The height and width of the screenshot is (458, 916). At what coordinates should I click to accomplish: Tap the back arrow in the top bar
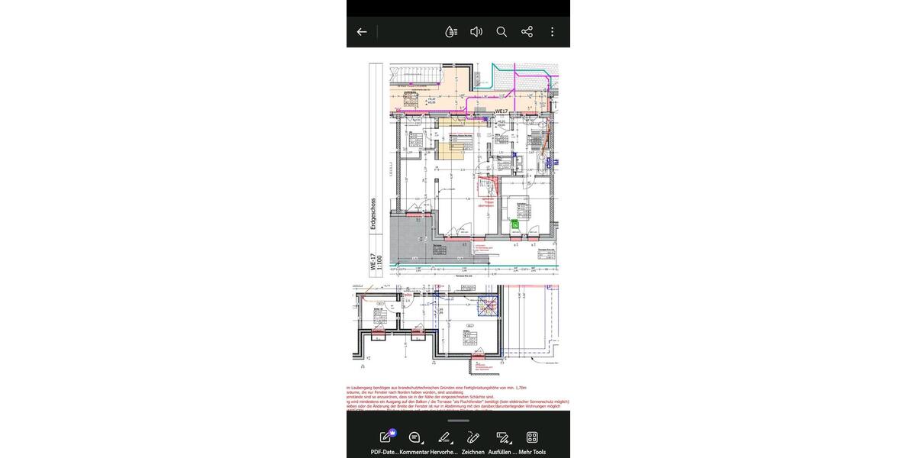click(362, 32)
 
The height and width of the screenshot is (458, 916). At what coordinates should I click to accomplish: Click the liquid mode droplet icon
click(451, 32)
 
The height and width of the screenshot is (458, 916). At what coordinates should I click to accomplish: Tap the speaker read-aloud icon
click(476, 32)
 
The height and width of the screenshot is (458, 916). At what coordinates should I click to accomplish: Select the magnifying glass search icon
click(502, 32)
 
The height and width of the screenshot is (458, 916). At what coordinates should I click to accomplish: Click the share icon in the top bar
click(527, 32)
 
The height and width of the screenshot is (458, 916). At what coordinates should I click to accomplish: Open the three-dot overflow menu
click(552, 32)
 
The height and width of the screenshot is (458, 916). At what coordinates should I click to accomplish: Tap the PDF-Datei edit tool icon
click(386, 437)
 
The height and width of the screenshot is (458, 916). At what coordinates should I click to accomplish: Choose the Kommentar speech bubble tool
click(414, 437)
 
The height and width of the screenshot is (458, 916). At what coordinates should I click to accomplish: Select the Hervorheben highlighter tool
click(443, 437)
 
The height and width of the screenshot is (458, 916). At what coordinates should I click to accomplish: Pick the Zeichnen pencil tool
click(473, 437)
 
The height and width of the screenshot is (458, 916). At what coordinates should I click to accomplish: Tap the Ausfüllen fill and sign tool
click(502, 437)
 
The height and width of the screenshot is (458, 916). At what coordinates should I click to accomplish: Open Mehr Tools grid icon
click(532, 437)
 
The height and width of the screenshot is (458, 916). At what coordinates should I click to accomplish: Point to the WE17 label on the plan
click(502, 112)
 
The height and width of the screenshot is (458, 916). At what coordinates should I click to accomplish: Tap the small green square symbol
click(514, 224)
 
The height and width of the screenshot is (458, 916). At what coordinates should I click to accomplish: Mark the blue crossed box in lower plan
click(487, 308)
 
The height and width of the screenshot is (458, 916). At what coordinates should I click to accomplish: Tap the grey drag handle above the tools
click(458, 421)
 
